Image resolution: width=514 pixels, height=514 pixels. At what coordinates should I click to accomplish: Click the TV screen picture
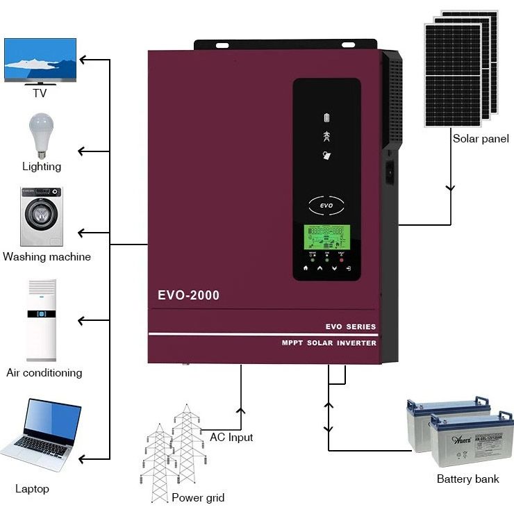tap(40, 60)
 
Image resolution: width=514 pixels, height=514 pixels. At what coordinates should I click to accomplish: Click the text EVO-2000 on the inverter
tap(188, 295)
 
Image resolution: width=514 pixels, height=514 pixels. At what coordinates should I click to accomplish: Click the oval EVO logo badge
tap(326, 206)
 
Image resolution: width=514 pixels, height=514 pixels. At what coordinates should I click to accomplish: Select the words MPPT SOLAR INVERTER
tap(329, 343)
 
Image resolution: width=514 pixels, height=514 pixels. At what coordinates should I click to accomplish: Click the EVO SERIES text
tap(350, 326)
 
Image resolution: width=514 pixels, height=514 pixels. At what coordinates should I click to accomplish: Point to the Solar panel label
tap(481, 139)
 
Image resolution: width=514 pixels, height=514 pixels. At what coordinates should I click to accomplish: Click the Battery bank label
tap(467, 479)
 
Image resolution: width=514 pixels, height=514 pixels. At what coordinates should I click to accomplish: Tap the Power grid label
tap(198, 497)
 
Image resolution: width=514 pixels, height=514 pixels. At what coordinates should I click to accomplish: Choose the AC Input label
tap(231, 438)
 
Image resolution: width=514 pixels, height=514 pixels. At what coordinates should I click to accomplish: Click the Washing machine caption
tap(47, 257)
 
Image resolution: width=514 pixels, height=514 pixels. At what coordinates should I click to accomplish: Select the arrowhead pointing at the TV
tap(83, 60)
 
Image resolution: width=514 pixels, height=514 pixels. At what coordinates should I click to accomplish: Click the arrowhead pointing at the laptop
tap(83, 458)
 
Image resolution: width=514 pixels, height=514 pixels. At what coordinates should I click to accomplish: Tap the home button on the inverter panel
tap(305, 267)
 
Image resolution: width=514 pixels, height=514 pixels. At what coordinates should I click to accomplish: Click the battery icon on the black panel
tap(328, 117)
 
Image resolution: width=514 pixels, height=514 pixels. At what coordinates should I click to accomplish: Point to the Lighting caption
tap(42, 167)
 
